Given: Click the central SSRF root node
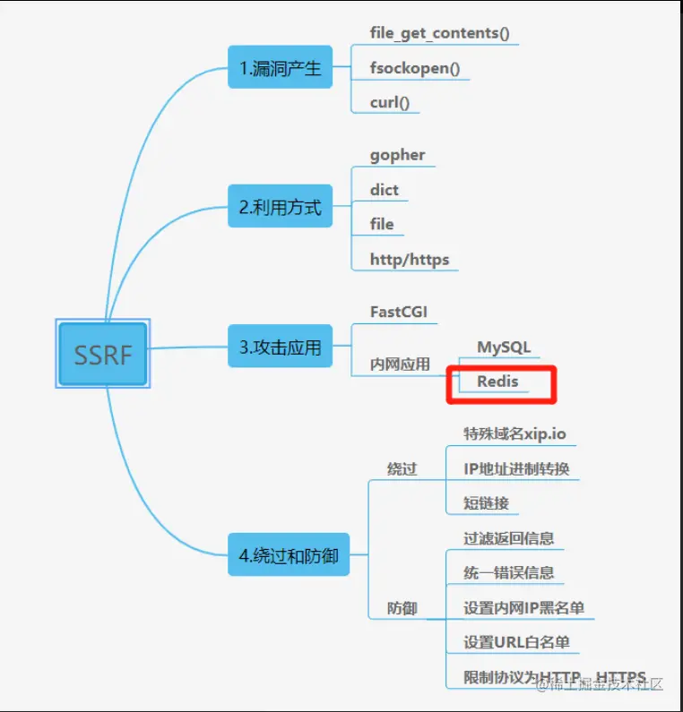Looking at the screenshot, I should coord(102,354).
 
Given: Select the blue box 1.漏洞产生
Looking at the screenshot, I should coord(280,67).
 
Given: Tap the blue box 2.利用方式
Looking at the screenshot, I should coord(280,208).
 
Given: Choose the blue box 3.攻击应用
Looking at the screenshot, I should coord(280,347).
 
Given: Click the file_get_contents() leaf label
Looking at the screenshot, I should coord(439,33).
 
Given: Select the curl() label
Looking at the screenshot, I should coord(390,102).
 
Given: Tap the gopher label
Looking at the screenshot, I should coord(397,154).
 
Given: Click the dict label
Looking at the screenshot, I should coord(385,189).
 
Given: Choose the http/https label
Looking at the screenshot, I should coord(410,260).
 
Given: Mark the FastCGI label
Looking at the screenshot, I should coord(399,312).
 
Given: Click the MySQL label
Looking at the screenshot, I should coord(504,347).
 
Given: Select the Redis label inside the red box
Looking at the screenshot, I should coord(497,382).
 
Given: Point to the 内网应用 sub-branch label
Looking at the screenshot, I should coord(400,365).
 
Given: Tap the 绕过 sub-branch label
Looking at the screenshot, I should coord(402,468).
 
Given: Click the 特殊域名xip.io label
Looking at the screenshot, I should coord(514,433).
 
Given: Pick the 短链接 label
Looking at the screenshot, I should coord(486,503).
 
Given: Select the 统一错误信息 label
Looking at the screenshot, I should coord(508,573).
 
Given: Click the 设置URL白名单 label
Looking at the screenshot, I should coord(516,642).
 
